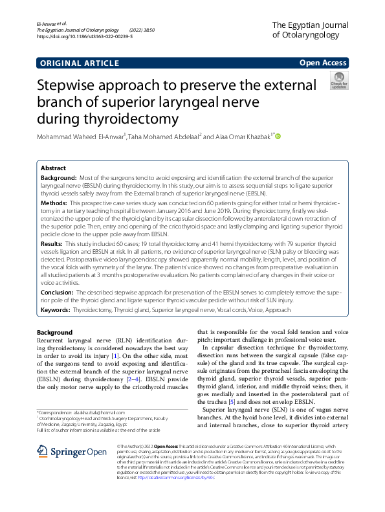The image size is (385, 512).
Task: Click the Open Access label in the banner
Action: coord(322,62)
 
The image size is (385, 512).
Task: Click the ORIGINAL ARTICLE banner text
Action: coord(73,63)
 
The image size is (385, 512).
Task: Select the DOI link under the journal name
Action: coord(76,38)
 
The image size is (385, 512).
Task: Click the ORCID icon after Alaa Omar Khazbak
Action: coord(278,137)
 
